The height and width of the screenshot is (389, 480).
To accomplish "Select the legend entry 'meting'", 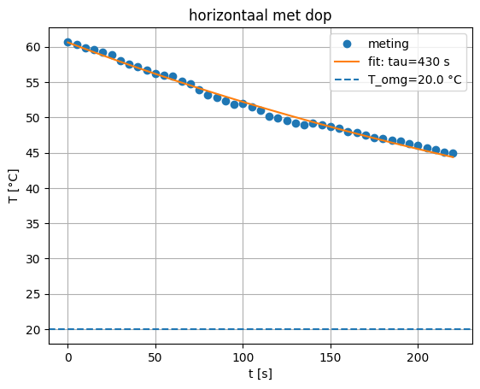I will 386,44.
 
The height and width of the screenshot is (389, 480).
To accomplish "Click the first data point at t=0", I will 68,42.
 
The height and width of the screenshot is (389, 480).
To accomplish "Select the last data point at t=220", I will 453,153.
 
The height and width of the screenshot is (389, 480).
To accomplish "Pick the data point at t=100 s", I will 243,103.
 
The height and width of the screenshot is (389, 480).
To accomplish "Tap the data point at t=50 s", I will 155,74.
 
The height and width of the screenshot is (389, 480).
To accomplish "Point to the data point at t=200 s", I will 418,145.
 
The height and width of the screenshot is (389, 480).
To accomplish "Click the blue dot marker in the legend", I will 348,44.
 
